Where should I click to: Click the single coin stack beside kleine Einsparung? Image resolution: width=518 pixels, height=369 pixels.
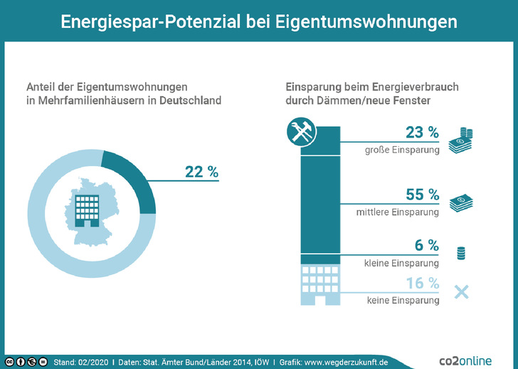coord(460,252)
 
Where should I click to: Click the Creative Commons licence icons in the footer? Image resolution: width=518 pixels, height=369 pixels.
coord(27,362)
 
